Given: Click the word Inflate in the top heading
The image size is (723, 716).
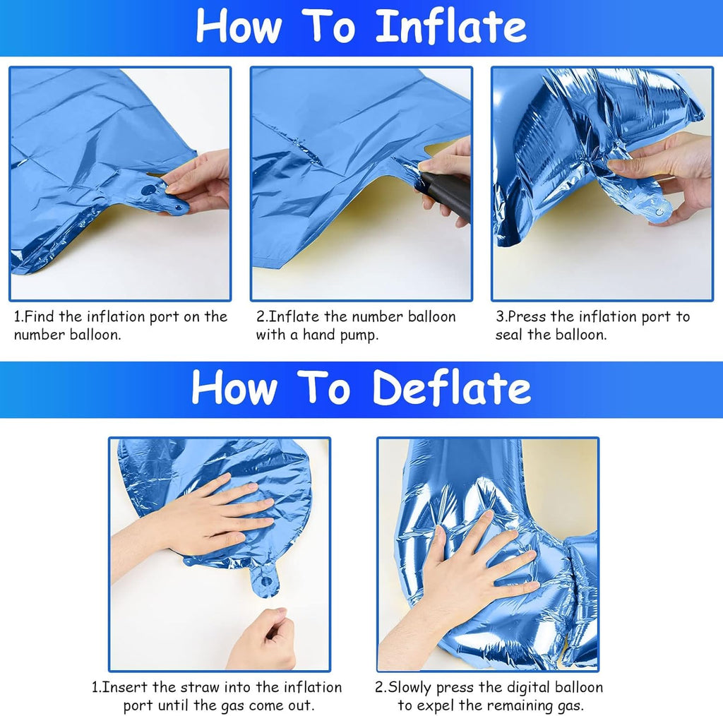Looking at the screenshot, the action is click(450, 26).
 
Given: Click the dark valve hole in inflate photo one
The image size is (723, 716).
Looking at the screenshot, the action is click(148, 189).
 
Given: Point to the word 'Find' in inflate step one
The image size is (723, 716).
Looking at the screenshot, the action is click(40, 317).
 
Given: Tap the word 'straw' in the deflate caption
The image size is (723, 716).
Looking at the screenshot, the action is click(200, 688).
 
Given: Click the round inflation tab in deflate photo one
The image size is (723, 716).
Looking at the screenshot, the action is click(265, 581).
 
